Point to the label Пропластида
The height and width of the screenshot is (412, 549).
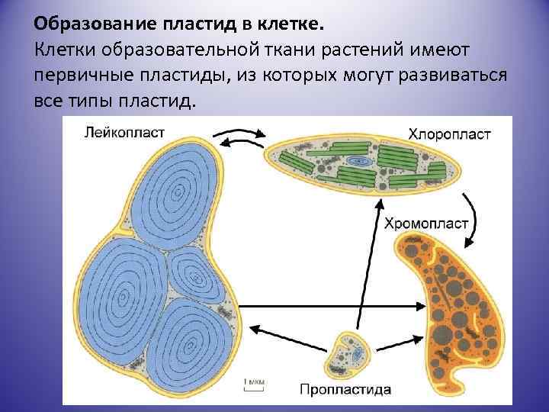(x=345, y=389)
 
